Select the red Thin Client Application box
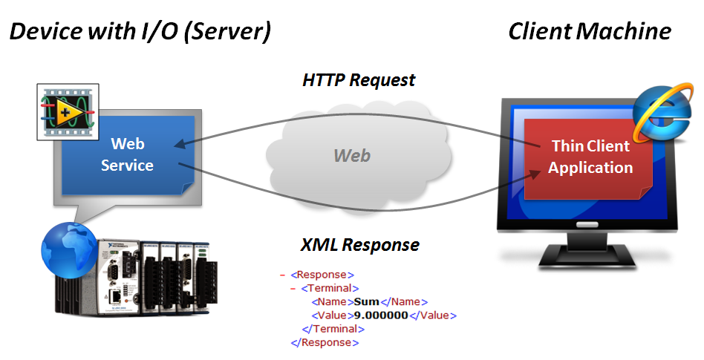click(590, 157)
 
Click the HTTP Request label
click(359, 80)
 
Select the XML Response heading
click(359, 245)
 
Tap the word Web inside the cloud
click(351, 155)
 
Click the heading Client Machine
click(589, 31)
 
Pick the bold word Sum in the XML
click(366, 301)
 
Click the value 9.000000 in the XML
click(381, 315)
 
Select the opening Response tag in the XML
click(322, 275)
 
